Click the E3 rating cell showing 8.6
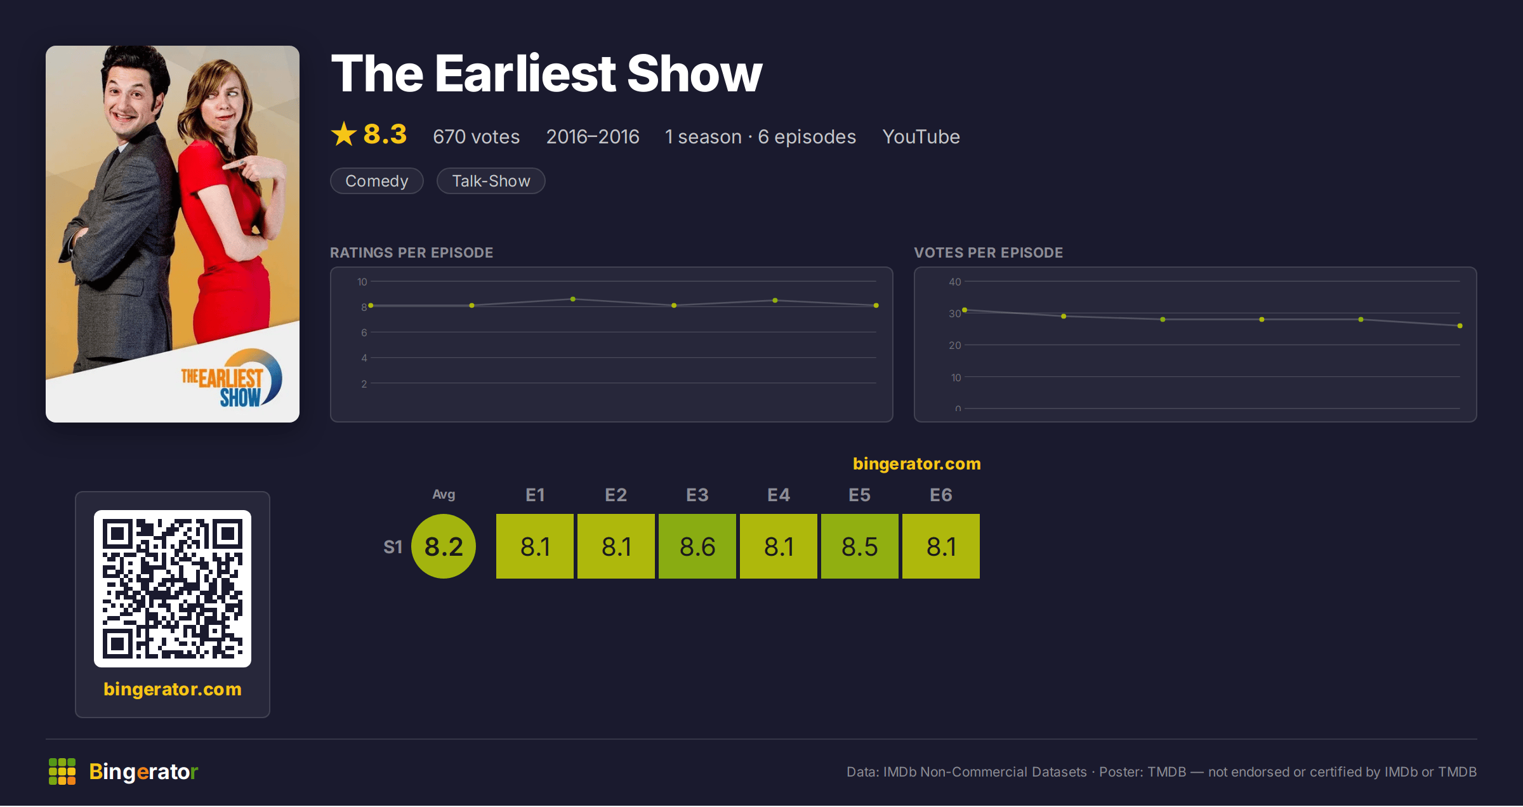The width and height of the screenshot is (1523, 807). click(x=697, y=546)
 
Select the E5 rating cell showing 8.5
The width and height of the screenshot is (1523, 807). click(x=860, y=546)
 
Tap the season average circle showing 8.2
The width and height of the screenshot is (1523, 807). click(x=444, y=546)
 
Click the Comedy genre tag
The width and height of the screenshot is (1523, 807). click(x=377, y=181)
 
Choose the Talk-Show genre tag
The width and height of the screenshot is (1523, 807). click(x=491, y=181)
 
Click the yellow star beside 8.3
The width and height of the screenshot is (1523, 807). click(x=344, y=134)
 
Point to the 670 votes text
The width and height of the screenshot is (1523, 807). click(x=476, y=136)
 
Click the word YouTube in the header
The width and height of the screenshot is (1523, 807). click(x=921, y=136)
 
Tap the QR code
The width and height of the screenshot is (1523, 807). click(x=173, y=589)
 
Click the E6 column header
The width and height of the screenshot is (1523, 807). click(x=941, y=495)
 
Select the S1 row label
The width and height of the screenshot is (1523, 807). click(x=393, y=547)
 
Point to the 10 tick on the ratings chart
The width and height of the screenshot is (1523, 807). click(x=362, y=282)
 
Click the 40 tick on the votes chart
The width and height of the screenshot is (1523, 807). click(x=955, y=282)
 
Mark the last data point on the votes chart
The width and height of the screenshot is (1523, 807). click(x=1460, y=326)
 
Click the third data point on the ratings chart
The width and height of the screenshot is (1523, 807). click(x=573, y=299)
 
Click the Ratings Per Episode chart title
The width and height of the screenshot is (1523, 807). click(x=411, y=253)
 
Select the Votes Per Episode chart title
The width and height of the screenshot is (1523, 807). click(x=988, y=253)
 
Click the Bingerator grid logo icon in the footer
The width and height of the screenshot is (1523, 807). click(x=62, y=771)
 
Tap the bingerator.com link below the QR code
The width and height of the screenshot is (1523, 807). click(x=173, y=689)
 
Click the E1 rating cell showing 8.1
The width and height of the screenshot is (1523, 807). click(x=535, y=546)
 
